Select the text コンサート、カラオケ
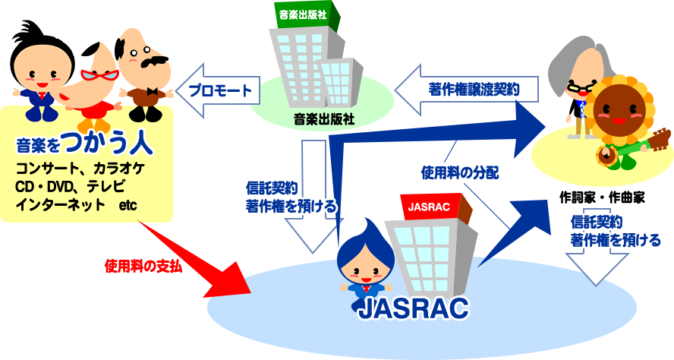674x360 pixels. (85, 169)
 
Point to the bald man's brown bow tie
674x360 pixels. (156, 92)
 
